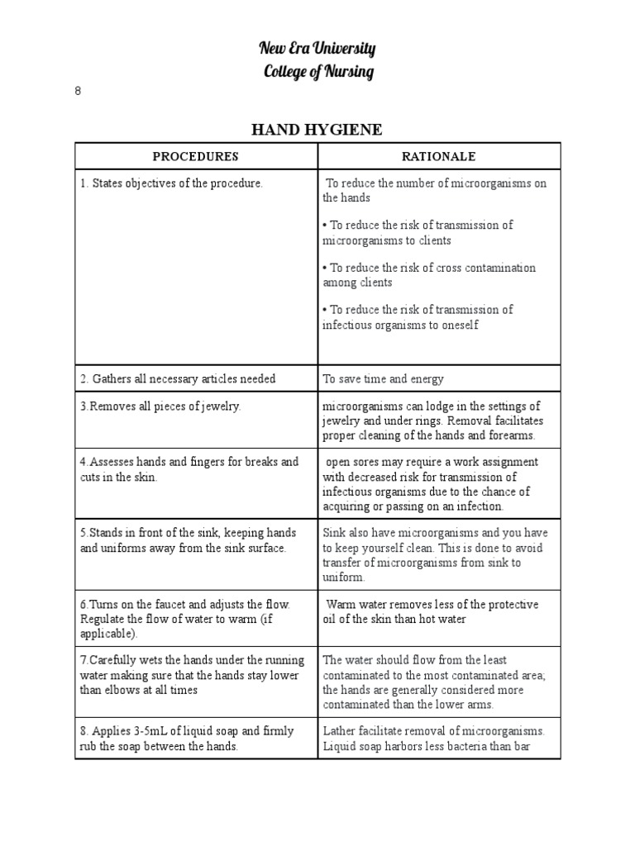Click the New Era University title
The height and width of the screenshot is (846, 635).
[317, 49]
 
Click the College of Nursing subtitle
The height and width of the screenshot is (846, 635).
[317, 72]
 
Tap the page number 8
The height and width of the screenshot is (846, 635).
[78, 91]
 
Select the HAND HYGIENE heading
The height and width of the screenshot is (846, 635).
[317, 129]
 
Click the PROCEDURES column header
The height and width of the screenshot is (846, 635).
[196, 156]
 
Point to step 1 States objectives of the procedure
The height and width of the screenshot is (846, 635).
[171, 183]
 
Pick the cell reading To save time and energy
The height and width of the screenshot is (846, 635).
[383, 378]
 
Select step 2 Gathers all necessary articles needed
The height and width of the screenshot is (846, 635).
[178, 378]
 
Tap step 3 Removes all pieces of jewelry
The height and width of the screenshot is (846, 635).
[160, 406]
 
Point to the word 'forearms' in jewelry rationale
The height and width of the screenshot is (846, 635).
[513, 435]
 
